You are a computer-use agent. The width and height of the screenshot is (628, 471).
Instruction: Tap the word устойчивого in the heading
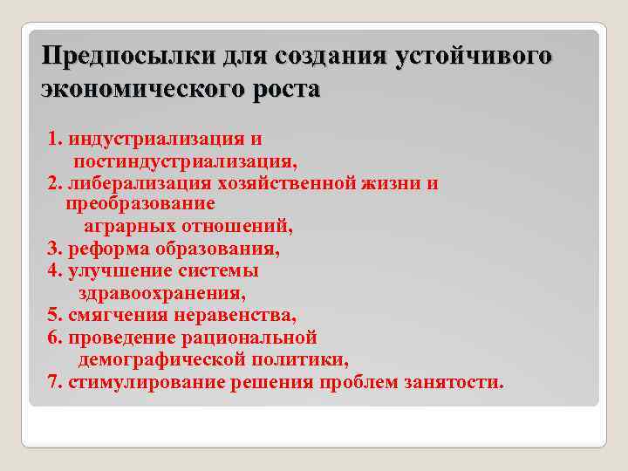tap(473, 57)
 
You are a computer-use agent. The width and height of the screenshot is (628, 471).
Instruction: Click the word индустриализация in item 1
tap(154, 140)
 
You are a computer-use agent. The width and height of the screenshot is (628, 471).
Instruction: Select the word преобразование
tap(140, 204)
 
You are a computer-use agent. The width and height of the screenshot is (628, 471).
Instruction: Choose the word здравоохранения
tap(161, 293)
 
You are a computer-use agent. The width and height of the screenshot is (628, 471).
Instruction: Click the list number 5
tap(53, 315)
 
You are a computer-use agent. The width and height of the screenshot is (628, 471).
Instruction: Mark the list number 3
tap(53, 249)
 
